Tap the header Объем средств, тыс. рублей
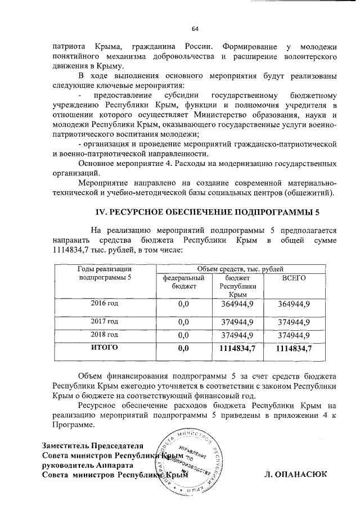coord(243,270)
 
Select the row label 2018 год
coord(105,335)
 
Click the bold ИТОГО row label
coord(105,349)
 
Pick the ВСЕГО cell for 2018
coord(292,336)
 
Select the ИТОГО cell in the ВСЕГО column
coord(292,349)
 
